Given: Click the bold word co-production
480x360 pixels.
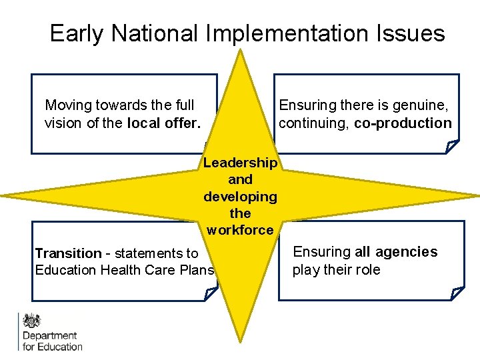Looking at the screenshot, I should click(403, 123).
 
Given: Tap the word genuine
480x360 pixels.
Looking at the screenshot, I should click(417, 105).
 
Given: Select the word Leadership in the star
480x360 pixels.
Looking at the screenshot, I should click(240, 163).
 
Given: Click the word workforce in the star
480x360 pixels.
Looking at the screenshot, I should click(240, 231).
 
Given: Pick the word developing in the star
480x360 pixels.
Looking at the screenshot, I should click(240, 197).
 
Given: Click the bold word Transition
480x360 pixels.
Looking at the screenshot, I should click(67, 253).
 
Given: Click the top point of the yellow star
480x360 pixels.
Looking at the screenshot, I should click(240, 52).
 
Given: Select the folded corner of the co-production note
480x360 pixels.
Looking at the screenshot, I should click(452, 146).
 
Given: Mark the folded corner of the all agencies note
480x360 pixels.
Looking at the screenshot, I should click(457, 293).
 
